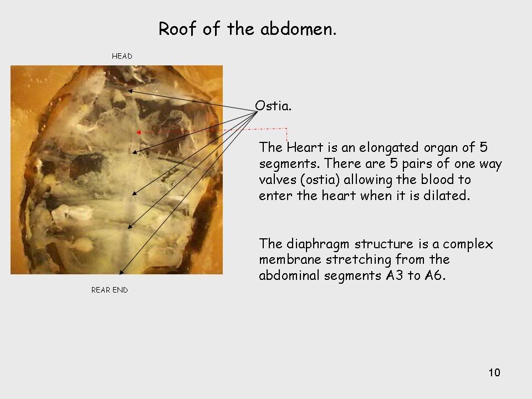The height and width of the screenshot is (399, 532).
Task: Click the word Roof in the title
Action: pos(177,28)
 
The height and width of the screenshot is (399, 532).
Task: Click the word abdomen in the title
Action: pos(298,28)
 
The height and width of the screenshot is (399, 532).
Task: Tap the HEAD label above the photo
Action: pos(122,56)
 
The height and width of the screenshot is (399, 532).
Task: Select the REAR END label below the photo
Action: pos(110,290)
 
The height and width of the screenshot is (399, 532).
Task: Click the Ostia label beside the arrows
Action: pos(273,106)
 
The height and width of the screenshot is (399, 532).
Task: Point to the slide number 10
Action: pos(494,372)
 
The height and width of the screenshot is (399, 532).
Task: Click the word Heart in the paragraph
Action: pos(305,147)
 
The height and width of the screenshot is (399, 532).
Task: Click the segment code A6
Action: pos(434,275)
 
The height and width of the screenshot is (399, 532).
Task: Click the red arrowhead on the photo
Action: pos(138,132)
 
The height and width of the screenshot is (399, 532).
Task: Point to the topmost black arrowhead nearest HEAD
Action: pos(130,91)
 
